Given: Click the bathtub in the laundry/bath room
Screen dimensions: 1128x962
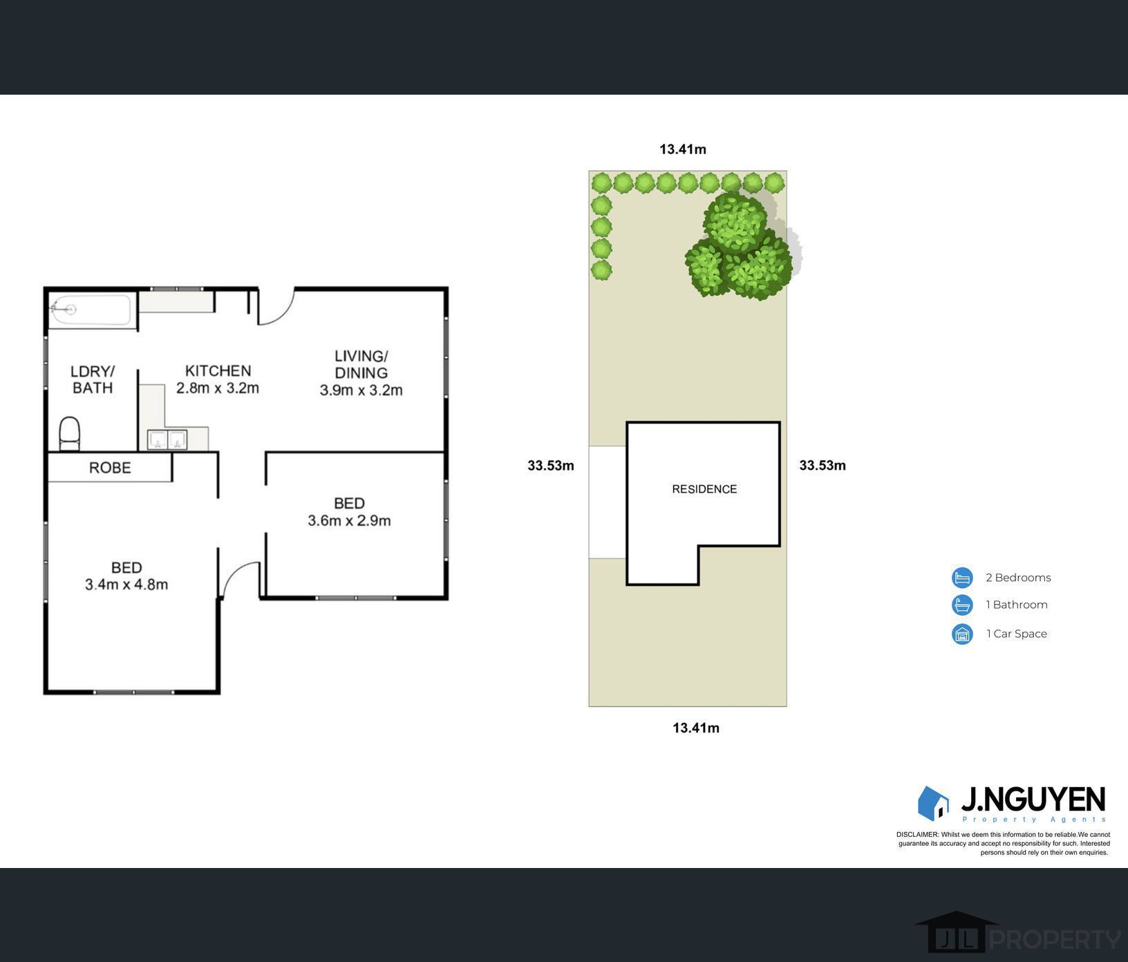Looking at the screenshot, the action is (x=90, y=310).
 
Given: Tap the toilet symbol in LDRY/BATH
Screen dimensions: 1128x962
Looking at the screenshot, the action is (x=70, y=433).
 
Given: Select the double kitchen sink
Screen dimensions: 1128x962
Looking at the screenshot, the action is (x=167, y=440).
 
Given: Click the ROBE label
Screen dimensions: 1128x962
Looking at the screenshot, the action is (x=110, y=468).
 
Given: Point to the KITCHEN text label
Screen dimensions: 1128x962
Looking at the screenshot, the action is (x=218, y=371).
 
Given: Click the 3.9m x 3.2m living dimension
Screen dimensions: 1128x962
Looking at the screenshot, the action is (x=361, y=390).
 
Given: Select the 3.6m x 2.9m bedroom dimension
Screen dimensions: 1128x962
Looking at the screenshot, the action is (x=349, y=520).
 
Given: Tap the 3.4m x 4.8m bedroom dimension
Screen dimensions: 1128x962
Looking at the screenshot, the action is (x=126, y=585).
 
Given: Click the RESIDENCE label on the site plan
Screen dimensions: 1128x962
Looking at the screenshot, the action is (x=704, y=489).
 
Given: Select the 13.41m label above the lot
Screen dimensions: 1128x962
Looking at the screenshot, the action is (x=683, y=149).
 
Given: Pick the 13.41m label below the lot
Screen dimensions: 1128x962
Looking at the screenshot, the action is (x=696, y=728).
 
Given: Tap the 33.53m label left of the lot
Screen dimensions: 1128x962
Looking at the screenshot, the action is (x=551, y=466).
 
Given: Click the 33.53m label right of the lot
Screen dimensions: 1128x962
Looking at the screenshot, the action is (x=822, y=466).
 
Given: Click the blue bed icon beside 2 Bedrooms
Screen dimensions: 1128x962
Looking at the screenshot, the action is (x=962, y=578).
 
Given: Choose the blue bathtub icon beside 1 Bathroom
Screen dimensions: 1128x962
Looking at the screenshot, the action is (x=962, y=605).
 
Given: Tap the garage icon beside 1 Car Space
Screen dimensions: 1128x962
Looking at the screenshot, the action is (x=962, y=634).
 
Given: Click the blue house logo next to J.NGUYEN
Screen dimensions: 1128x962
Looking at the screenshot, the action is (x=933, y=803).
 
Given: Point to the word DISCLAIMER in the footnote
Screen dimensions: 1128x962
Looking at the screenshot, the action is (x=917, y=835).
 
